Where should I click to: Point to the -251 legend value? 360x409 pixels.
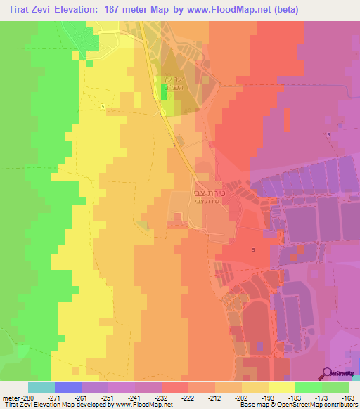120,397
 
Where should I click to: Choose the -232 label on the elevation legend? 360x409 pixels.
174,397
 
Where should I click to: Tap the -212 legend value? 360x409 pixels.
228,397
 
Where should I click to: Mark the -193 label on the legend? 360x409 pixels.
281,397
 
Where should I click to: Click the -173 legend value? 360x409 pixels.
335,397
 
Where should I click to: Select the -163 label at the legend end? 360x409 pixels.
349,397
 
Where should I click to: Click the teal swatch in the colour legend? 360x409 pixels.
41,387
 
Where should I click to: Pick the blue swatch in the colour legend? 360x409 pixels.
67,387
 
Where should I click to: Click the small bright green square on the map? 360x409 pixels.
165,105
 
